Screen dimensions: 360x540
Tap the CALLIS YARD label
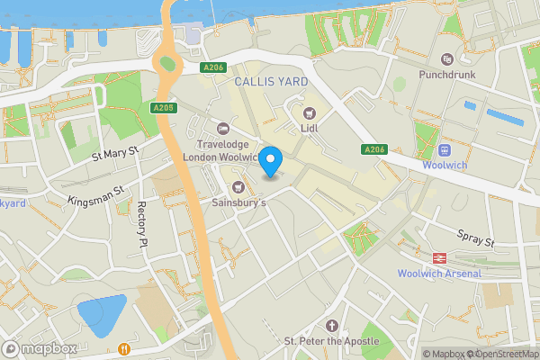coord(271,82)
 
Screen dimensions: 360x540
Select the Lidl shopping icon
coord(310,112)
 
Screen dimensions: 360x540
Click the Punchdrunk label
coord(446,76)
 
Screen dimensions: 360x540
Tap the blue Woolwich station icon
coord(445,149)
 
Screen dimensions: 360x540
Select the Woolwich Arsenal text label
coord(439,274)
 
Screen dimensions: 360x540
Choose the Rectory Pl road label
coord(141,224)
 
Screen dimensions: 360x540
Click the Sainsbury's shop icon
coord(238,187)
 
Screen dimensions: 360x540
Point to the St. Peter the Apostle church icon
coord(332,325)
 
